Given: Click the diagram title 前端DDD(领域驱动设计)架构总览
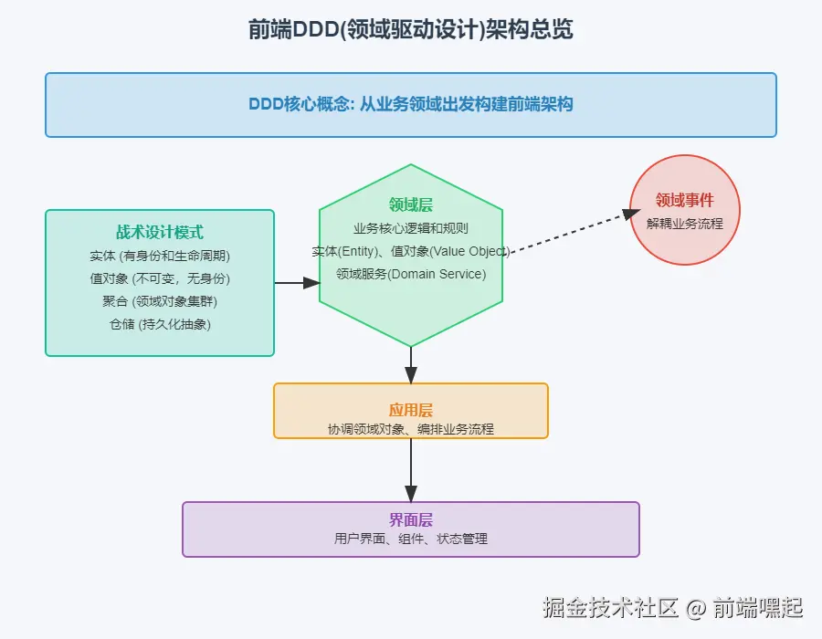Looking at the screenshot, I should click(x=410, y=30).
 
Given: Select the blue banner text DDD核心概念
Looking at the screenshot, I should click(x=410, y=104).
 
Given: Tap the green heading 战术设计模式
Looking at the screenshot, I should click(x=160, y=233).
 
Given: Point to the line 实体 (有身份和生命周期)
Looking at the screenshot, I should click(x=160, y=256).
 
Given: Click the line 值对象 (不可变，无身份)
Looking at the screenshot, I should click(x=160, y=278).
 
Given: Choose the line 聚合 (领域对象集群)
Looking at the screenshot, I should click(x=160, y=301).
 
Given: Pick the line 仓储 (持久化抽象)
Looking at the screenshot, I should click(x=160, y=324).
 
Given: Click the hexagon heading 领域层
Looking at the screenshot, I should click(x=411, y=205).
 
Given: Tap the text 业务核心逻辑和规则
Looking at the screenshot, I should click(x=411, y=228).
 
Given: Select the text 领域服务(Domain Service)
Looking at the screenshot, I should click(x=411, y=274).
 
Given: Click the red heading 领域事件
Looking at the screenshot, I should click(x=684, y=201).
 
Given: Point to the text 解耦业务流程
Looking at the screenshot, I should click(x=684, y=223).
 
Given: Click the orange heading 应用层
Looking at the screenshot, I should click(x=411, y=411).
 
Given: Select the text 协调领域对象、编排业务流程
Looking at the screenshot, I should click(x=411, y=428).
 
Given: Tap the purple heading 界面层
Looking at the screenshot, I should click(x=411, y=520).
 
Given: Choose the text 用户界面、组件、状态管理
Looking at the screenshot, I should click(x=411, y=539).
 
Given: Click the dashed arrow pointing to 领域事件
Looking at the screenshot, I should click(x=571, y=233).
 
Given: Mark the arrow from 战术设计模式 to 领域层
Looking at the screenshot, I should click(x=297, y=283).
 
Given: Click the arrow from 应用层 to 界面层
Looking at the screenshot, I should click(x=411, y=470).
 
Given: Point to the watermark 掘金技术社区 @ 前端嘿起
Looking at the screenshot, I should click(x=672, y=607).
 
